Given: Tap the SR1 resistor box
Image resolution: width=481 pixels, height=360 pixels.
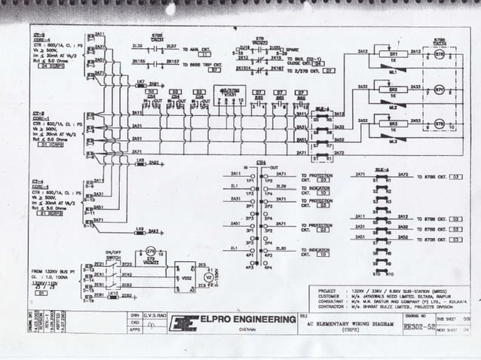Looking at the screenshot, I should (x=393, y=56).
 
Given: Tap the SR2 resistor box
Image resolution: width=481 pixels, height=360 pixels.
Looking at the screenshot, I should (x=393, y=90).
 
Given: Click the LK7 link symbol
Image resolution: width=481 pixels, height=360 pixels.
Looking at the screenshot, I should (x=140, y=84).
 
